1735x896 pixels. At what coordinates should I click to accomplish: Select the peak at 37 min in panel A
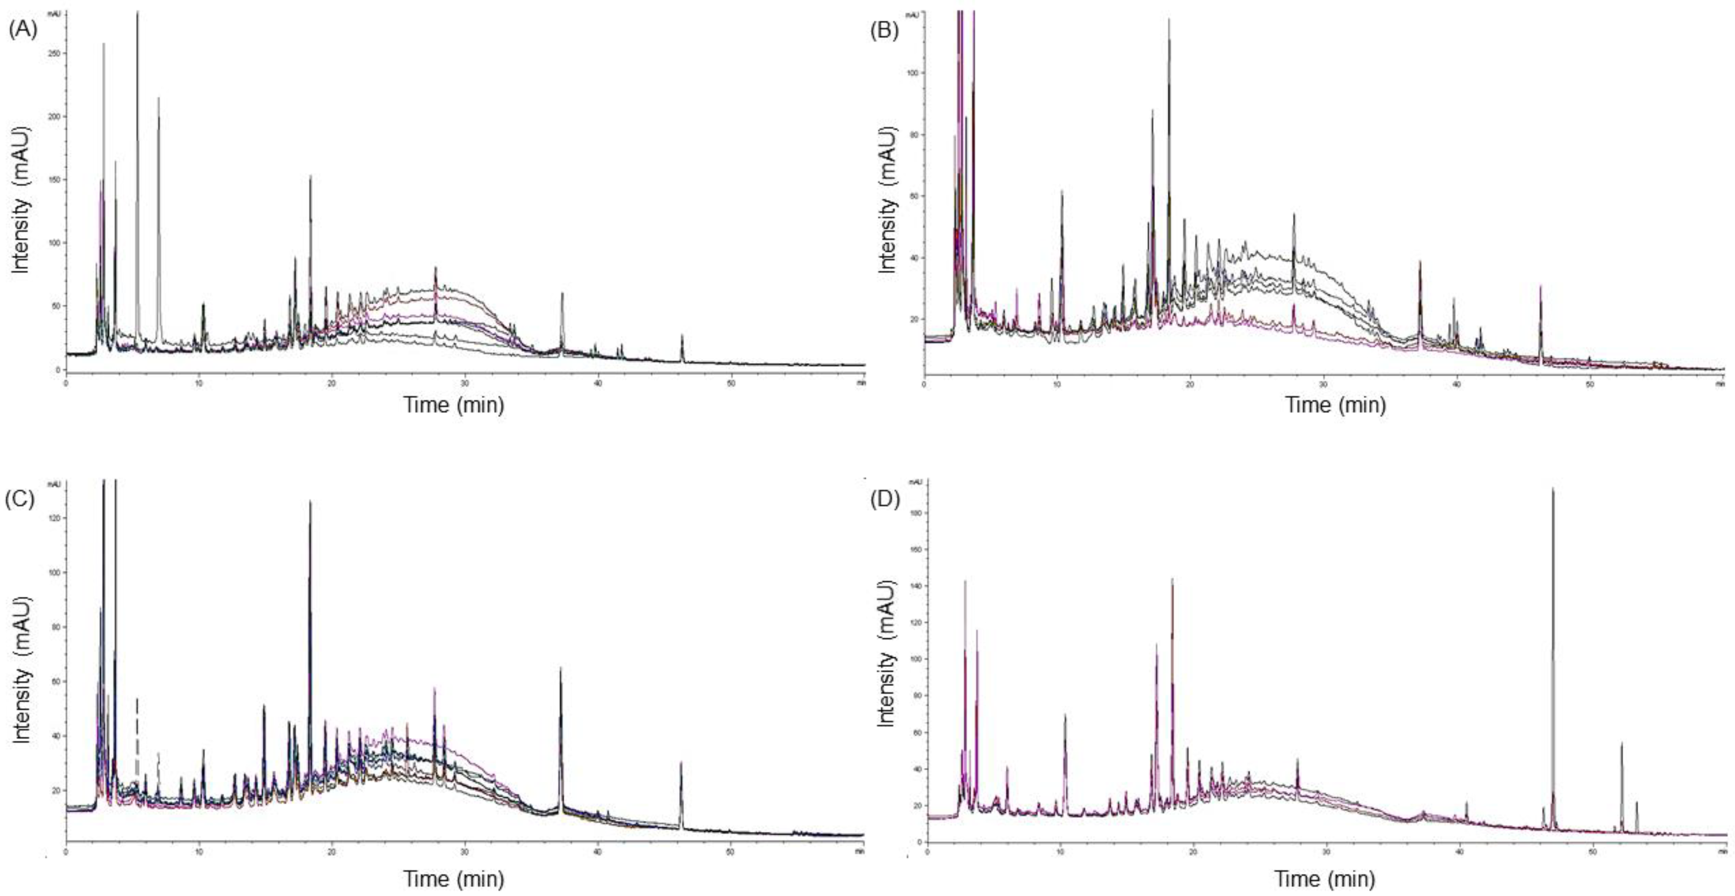562,294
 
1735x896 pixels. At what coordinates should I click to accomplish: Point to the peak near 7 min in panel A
158,99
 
